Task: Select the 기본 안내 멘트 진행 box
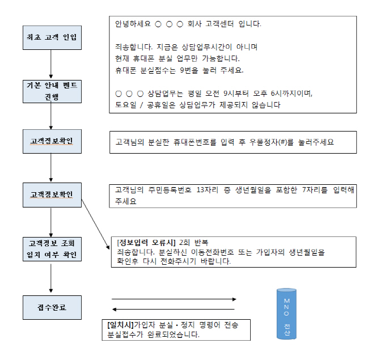[51, 91]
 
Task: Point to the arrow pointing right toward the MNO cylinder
[174, 299]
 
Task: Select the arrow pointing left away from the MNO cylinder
[174, 310]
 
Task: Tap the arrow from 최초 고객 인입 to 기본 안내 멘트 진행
[51, 63]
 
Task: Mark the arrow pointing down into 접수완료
[51, 278]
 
